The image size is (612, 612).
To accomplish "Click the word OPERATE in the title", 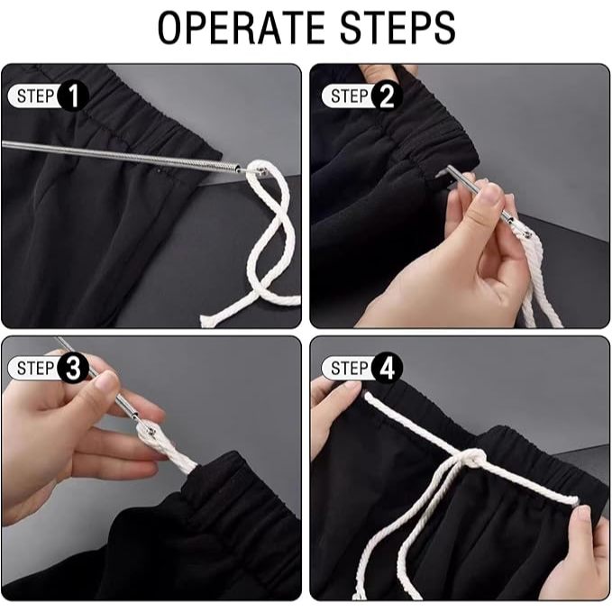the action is [x=242, y=28].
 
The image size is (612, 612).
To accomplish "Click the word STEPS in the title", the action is [x=397, y=28].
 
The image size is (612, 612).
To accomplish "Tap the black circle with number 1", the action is [x=73, y=96].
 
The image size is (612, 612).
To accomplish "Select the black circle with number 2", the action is [x=387, y=96].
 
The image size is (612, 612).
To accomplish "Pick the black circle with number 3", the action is [x=73, y=368].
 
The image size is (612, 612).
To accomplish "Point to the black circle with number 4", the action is [x=387, y=368].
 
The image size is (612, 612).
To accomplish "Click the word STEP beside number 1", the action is [x=35, y=96].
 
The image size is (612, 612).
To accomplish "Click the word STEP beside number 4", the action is [x=350, y=368].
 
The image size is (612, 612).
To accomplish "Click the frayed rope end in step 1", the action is [x=204, y=320].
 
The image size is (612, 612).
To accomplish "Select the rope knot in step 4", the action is [x=473, y=460].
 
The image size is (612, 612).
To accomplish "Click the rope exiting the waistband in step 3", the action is [x=184, y=460].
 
